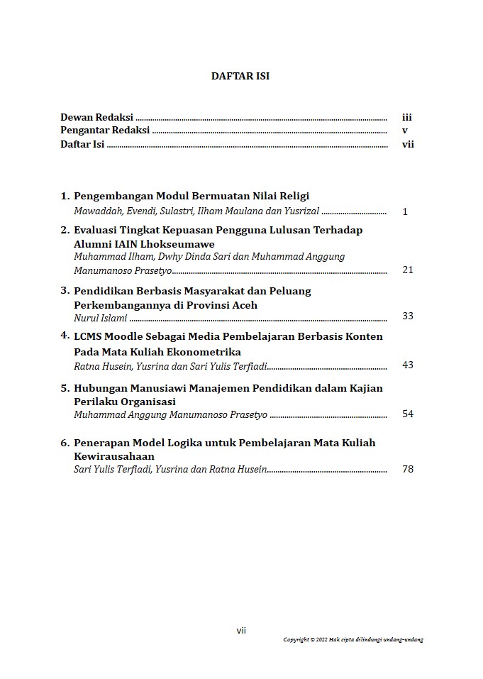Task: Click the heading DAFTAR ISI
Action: [240, 76]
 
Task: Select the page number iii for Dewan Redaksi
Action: [406, 118]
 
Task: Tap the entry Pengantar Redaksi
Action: [104, 131]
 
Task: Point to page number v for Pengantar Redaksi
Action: [404, 131]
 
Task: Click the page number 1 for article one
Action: [405, 211]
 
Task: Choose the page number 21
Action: [407, 270]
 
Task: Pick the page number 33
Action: [407, 316]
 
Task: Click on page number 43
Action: [407, 365]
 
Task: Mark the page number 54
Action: [407, 414]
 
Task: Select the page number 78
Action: [407, 469]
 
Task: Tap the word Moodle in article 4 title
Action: [123, 336]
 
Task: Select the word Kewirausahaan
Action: [114, 456]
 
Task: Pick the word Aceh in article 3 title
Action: [243, 305]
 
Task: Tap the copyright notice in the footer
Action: [353, 639]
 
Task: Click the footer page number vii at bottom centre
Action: [241, 630]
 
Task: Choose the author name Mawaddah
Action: [96, 211]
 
